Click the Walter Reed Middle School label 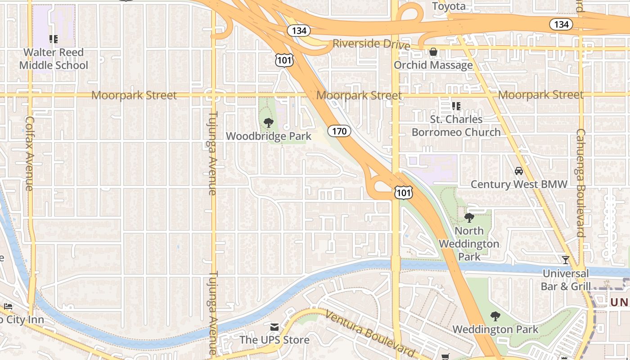click(x=54, y=59)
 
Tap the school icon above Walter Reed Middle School click(x=54, y=39)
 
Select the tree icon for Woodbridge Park click(x=269, y=122)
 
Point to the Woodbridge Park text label click(x=269, y=136)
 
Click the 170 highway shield click(x=339, y=131)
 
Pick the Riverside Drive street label click(x=371, y=45)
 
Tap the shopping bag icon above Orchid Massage click(x=433, y=52)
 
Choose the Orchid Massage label click(x=433, y=65)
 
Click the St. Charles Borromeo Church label click(x=456, y=126)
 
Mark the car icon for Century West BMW click(x=519, y=171)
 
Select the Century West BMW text click(x=519, y=184)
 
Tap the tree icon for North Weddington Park click(x=469, y=218)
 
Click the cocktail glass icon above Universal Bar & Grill click(x=565, y=260)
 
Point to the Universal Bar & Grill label click(x=566, y=280)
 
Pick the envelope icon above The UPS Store click(x=274, y=327)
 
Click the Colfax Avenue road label click(x=30, y=153)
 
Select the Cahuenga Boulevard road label click(x=580, y=183)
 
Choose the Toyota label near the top click(x=449, y=6)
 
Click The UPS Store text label click(x=274, y=340)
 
